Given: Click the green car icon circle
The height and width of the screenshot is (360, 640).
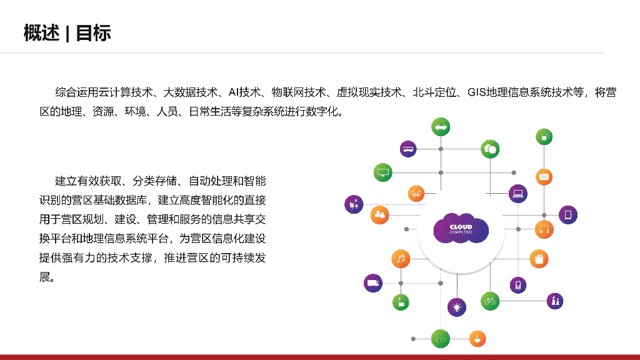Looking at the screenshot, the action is click(441, 126).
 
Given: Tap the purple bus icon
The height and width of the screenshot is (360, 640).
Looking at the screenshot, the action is click(408, 149).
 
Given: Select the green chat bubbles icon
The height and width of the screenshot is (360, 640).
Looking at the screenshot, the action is click(490, 149).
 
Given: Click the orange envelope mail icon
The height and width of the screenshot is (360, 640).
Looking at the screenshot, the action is click(544, 177).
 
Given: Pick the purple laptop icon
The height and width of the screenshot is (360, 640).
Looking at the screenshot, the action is click(517, 193).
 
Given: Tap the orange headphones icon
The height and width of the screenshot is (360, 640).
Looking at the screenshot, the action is click(544, 229).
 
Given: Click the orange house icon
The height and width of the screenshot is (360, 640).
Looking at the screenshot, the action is click(539, 258).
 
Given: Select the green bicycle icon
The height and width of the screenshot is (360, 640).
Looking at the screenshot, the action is click(490, 301).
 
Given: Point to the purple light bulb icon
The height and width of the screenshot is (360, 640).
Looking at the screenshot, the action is click(457, 307).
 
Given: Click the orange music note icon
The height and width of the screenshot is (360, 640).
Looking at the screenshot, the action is click(401, 258).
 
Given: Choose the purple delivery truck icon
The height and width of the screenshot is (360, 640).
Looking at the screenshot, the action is click(373, 283).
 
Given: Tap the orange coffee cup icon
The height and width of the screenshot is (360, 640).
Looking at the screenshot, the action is click(477, 338).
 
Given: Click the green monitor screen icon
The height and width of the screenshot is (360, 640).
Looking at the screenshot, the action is click(382, 172).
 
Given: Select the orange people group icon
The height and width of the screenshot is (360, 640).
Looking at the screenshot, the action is click(379, 215).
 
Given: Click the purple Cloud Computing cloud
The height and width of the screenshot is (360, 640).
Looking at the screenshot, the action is click(461, 229).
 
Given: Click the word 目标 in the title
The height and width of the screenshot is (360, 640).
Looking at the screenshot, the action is click(93, 32).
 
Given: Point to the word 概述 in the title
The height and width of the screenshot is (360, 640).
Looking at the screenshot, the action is click(41, 32).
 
